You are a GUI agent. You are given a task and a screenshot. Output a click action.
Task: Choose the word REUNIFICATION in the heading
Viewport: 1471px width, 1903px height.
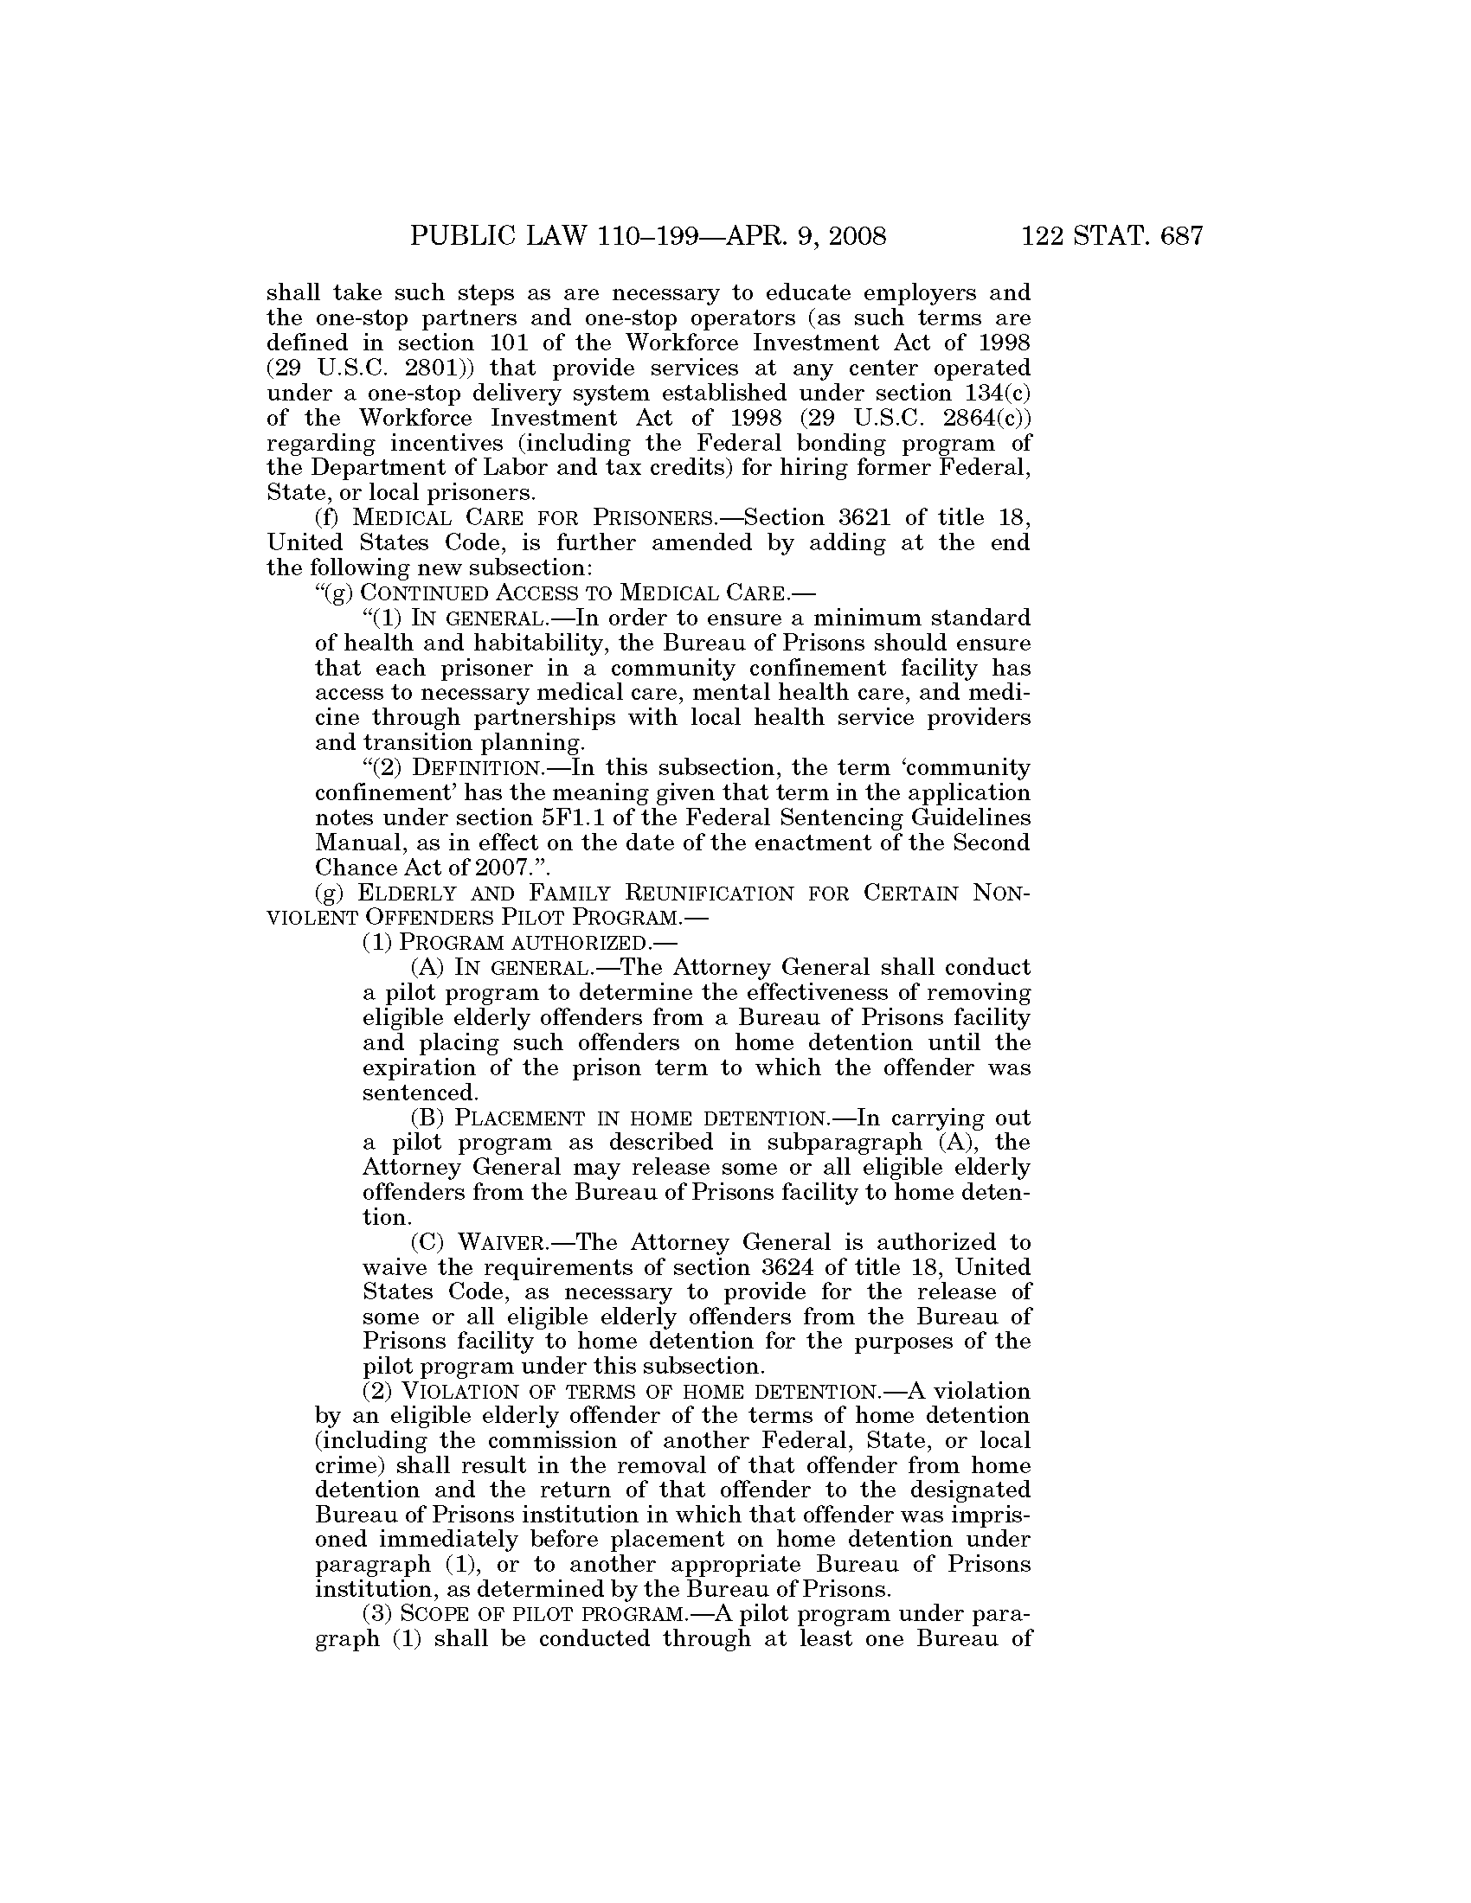711,894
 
